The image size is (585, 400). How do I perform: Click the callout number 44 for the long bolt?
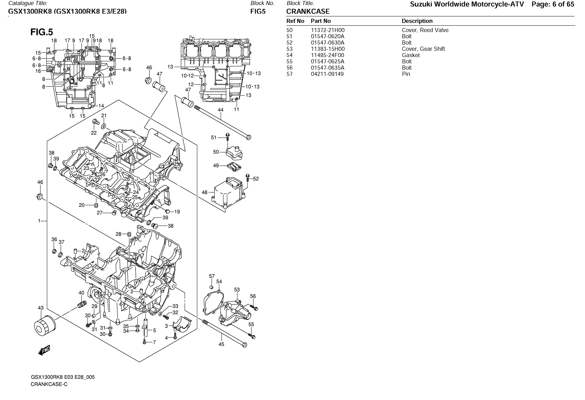coord(220,110)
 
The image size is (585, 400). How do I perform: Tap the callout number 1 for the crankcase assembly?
coord(39,221)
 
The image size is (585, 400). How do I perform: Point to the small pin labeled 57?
coord(211,287)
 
